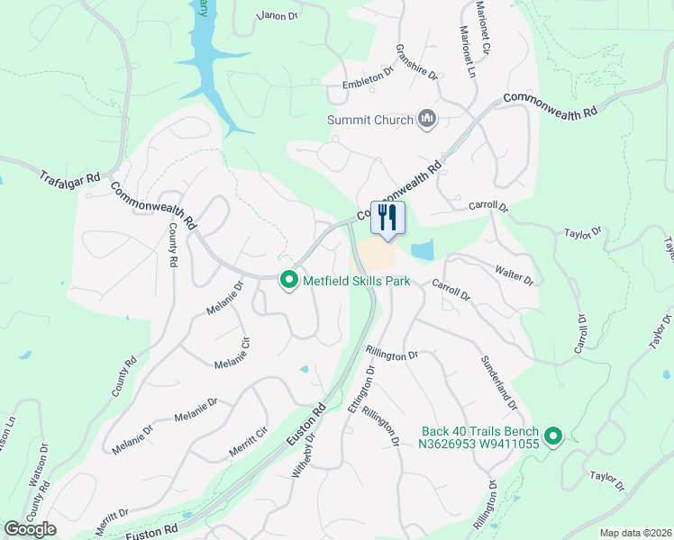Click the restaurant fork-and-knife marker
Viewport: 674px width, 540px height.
pyautogui.click(x=388, y=217)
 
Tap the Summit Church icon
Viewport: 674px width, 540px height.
pyautogui.click(x=427, y=119)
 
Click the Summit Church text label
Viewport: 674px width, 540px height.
pyautogui.click(x=370, y=120)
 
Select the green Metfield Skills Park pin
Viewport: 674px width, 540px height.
pyautogui.click(x=289, y=281)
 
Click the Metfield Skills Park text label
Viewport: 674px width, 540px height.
pyautogui.click(x=357, y=281)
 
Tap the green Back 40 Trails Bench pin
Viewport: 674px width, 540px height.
pyautogui.click(x=553, y=437)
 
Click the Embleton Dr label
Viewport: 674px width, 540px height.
pyautogui.click(x=368, y=79)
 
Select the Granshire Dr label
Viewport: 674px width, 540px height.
pyautogui.click(x=415, y=63)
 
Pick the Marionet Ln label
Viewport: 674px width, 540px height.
pyautogui.click(x=469, y=52)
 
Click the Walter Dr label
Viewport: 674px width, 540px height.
pyautogui.click(x=515, y=274)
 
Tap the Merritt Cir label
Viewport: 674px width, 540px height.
pyautogui.click(x=250, y=444)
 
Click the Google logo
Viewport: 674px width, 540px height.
pyautogui.click(x=30, y=528)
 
